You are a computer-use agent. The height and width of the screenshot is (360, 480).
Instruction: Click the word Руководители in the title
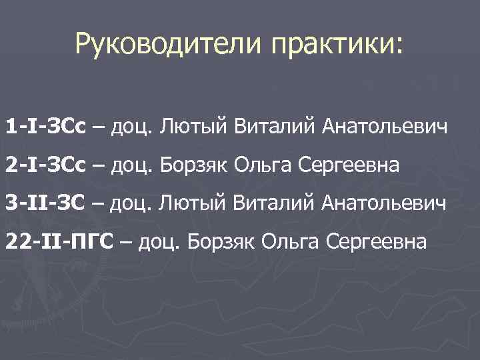tap(157, 45)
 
